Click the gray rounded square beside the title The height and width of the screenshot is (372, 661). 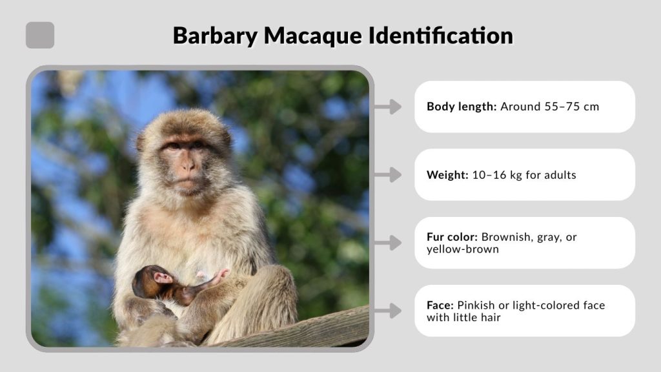pyautogui.click(x=40, y=36)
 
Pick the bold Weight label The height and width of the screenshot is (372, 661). pyautogui.click(x=445, y=174)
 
